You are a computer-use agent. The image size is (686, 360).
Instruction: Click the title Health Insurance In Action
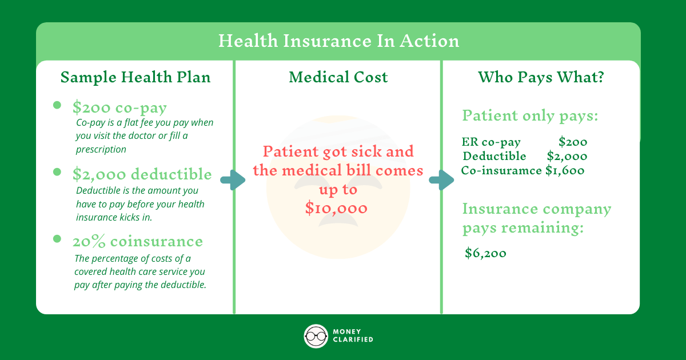[338, 42]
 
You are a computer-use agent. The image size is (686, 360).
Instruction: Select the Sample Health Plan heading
[135, 77]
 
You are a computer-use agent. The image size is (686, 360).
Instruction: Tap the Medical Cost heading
[338, 77]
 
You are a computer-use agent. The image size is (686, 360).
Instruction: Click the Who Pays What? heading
[541, 77]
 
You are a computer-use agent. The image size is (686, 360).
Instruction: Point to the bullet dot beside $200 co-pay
[57, 105]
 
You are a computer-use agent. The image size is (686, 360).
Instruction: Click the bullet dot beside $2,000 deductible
[57, 171]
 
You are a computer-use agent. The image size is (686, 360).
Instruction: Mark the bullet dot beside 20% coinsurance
[57, 238]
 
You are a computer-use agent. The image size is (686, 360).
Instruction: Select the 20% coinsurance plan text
[137, 241]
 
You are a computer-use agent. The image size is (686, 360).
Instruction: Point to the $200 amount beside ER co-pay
[573, 142]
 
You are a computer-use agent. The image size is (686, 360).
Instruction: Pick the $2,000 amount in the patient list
[567, 156]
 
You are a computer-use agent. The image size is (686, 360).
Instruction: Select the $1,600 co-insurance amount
[564, 170]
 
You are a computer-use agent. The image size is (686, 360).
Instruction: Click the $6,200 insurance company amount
[485, 253]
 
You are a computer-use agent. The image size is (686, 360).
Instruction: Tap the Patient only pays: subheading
[530, 116]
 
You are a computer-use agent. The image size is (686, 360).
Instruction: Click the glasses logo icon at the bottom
[316, 336]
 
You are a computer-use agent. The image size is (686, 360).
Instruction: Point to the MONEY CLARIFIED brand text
[353, 336]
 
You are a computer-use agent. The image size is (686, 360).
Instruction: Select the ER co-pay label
[491, 142]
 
